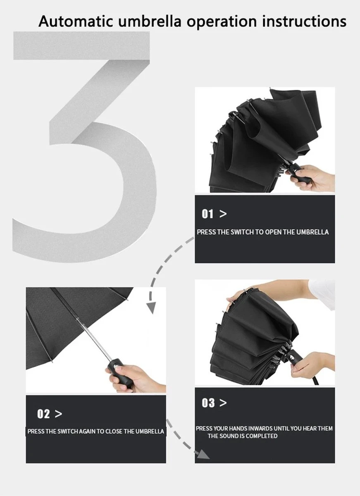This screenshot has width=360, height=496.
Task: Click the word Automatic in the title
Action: click(76, 21)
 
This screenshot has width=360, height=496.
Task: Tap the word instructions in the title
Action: click(304, 21)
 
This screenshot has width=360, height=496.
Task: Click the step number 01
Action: click(207, 214)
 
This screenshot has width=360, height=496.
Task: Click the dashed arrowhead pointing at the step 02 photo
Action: click(151, 308)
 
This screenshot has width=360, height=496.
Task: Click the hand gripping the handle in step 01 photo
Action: click(315, 178)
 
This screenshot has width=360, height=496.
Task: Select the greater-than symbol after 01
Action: click(223, 214)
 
